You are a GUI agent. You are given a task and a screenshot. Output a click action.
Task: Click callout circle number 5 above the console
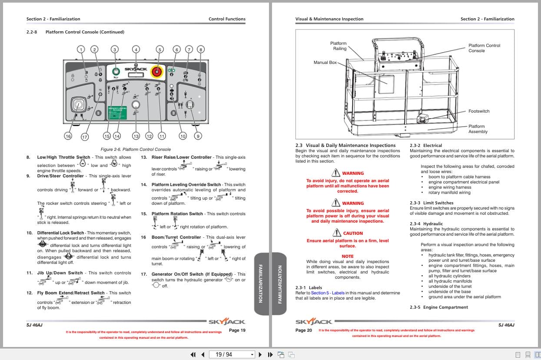(x=159, y=50)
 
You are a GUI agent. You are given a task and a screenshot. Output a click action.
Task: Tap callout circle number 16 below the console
(x=68, y=136)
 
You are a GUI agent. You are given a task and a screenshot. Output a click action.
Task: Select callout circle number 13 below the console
(x=136, y=136)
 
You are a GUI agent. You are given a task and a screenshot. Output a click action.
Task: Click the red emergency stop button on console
(x=156, y=71)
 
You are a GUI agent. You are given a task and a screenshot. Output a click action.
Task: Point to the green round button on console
(x=116, y=71)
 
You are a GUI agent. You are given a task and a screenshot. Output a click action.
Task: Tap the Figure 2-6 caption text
(x=136, y=149)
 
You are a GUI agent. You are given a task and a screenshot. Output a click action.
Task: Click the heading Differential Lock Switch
(x=60, y=233)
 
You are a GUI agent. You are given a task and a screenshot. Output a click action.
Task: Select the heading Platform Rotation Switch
(x=177, y=214)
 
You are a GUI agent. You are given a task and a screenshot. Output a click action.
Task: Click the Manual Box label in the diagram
(x=325, y=63)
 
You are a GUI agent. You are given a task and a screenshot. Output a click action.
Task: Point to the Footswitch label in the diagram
(x=478, y=111)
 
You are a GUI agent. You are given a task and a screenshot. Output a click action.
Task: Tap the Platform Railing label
(x=339, y=46)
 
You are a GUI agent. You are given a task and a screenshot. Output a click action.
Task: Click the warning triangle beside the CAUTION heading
(x=335, y=233)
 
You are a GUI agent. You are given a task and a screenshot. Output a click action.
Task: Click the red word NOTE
(x=347, y=257)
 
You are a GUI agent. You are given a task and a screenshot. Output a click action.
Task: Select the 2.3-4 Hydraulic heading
(x=420, y=224)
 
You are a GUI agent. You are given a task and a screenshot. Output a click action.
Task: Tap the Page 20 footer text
(x=304, y=330)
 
